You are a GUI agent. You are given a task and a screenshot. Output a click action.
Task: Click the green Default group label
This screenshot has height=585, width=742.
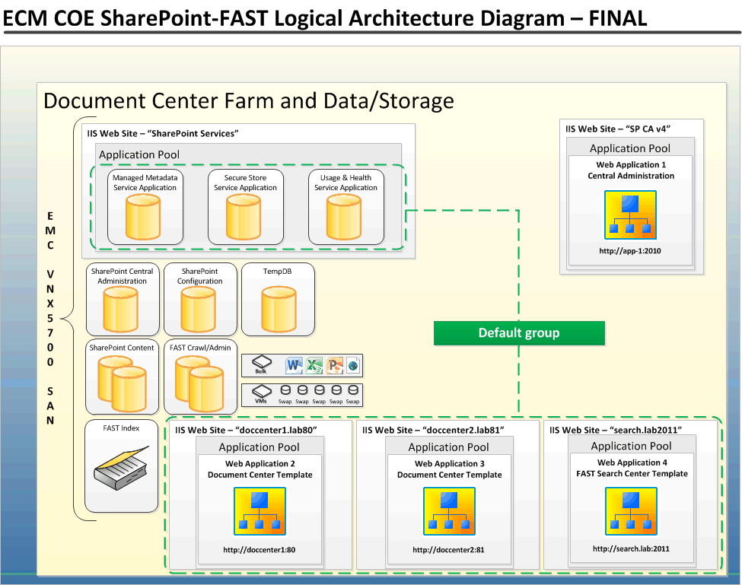(519, 333)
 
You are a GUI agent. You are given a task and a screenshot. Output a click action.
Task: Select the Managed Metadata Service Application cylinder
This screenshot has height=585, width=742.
(145, 217)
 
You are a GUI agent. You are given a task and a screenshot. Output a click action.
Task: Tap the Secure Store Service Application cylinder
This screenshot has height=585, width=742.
(245, 217)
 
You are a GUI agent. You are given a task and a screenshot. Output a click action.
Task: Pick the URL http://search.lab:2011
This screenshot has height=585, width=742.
(631, 548)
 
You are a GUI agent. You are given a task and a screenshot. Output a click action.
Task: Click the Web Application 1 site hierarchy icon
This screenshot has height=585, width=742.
(630, 214)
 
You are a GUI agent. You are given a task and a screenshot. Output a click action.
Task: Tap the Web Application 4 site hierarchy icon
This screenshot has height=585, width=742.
(631, 511)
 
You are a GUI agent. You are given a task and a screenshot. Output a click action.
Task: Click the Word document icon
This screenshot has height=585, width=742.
(295, 365)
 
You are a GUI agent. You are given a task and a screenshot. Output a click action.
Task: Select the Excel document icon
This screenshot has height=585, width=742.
(314, 365)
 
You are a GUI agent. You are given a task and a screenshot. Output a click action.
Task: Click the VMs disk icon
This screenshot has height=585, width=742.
(261, 392)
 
